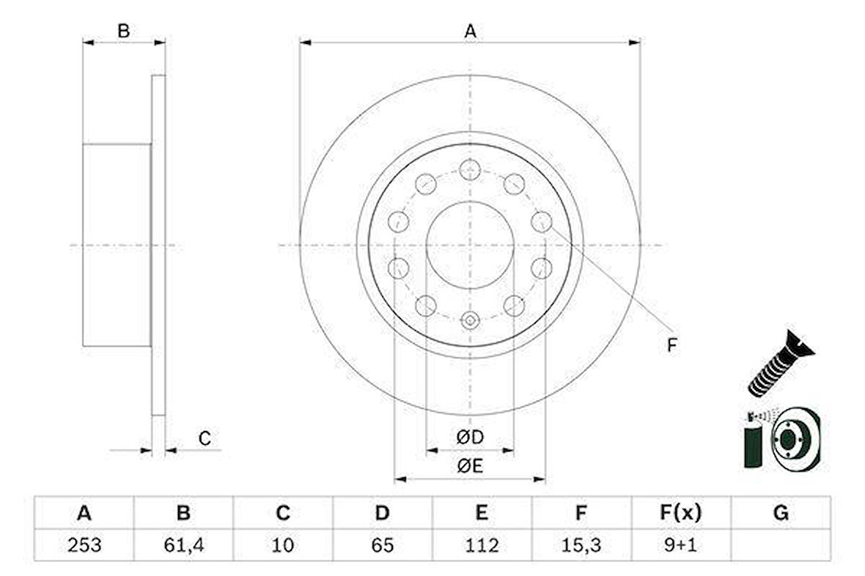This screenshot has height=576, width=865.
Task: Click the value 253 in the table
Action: click(84, 545)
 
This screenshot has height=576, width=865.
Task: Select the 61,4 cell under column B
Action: click(184, 545)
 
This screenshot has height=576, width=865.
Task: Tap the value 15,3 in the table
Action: click(581, 545)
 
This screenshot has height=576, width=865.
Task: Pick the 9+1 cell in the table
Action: click(680, 545)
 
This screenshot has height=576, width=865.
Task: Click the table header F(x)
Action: click(680, 513)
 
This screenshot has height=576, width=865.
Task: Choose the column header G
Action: click(781, 513)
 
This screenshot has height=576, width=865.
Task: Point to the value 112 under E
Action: click(482, 545)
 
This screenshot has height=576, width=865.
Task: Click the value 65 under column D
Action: click(383, 545)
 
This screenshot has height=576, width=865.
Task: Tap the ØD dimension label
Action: click(470, 437)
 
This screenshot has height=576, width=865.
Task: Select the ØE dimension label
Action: click(470, 466)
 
